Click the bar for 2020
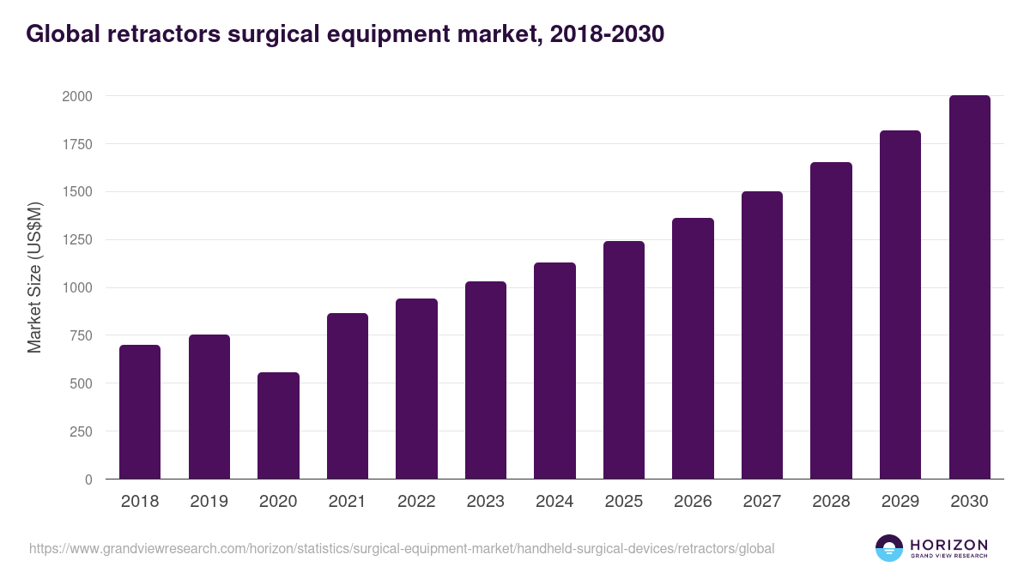[278, 425]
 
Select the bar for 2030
[969, 287]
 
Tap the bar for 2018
[140, 412]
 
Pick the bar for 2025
[624, 360]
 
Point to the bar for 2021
[348, 396]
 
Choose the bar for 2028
[831, 321]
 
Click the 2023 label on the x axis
[486, 501]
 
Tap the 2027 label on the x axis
[762, 501]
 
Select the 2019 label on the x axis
[209, 501]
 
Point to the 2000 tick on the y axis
[77, 96]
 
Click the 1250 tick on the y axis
[77, 240]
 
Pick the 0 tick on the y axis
[88, 479]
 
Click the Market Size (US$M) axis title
[34, 278]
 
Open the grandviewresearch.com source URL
[402, 548]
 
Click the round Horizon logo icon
[888, 548]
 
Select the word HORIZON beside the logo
[948, 544]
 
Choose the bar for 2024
[554, 371]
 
